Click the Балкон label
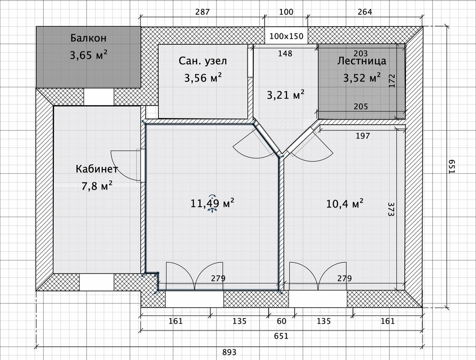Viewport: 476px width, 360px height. point(89,38)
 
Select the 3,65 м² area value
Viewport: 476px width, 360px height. point(89,55)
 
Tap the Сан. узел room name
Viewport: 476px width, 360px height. point(203,61)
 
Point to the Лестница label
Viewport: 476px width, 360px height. point(362,61)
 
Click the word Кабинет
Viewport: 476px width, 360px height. point(97,170)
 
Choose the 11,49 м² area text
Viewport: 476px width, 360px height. point(212,204)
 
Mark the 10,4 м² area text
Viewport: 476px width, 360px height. point(345,204)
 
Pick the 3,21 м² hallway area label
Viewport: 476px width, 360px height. point(286,95)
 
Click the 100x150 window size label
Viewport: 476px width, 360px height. point(286,36)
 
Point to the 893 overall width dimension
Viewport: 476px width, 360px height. point(229,352)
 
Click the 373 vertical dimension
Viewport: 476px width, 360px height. point(391,210)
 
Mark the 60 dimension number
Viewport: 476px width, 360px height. point(282,321)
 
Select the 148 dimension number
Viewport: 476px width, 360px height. point(285,53)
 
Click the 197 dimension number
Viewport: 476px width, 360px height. point(363,136)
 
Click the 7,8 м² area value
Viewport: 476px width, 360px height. point(97,186)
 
